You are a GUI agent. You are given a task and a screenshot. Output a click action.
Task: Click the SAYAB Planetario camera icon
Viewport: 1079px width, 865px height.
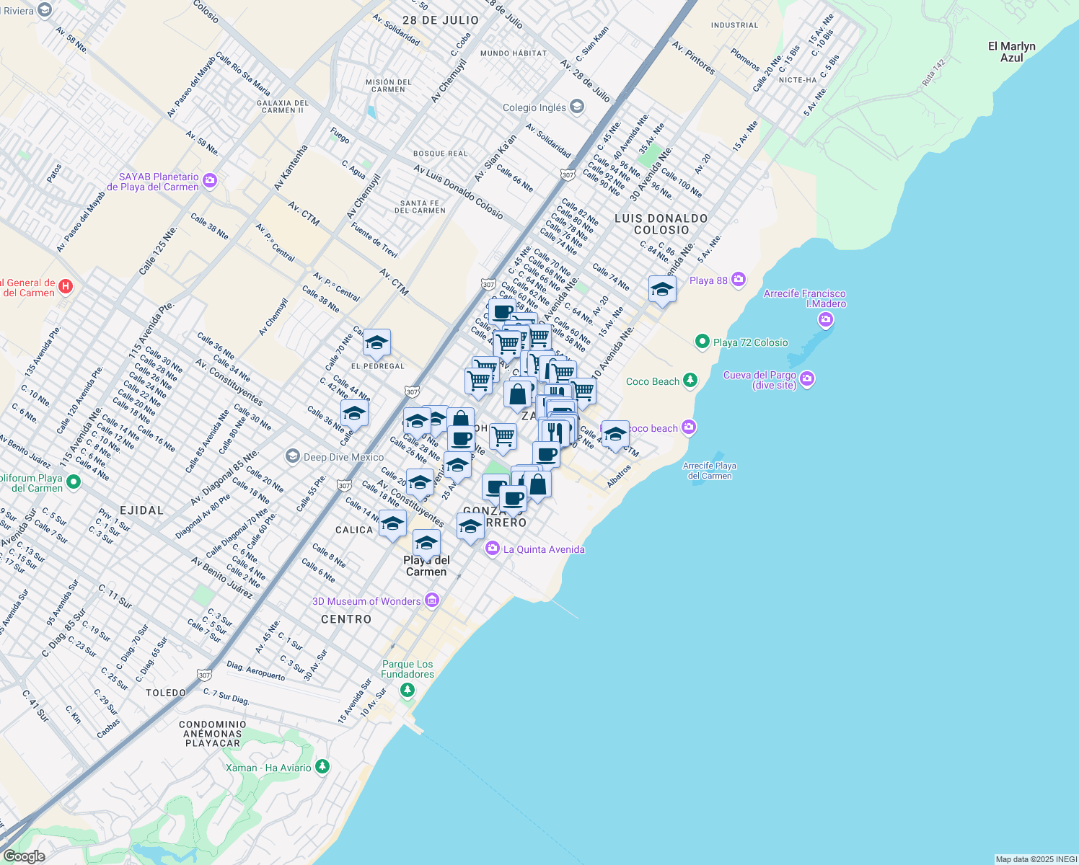click(x=210, y=180)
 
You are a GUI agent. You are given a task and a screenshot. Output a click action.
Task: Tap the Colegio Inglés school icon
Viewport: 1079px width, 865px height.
click(x=576, y=107)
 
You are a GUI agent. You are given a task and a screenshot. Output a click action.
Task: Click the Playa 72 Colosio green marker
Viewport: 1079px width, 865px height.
click(x=703, y=342)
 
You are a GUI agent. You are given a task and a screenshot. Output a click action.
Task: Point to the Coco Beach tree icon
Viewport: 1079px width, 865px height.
click(x=690, y=380)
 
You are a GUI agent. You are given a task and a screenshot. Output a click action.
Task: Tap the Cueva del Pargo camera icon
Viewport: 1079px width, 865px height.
click(x=807, y=378)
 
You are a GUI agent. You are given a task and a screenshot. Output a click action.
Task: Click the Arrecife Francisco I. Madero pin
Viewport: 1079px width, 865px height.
click(x=826, y=319)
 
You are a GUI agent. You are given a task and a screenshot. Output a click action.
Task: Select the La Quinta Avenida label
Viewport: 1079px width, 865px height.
click(x=544, y=549)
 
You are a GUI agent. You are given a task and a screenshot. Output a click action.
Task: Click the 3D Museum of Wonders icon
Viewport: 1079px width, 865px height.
click(x=432, y=600)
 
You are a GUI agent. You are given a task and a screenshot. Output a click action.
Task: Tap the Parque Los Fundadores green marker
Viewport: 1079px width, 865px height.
click(x=408, y=691)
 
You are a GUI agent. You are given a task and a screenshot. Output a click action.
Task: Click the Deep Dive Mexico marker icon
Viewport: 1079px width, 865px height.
click(x=293, y=456)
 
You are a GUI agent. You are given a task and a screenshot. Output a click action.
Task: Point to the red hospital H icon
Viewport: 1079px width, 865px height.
click(x=66, y=287)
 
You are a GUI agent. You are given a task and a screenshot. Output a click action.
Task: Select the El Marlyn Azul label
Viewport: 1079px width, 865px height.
click(x=1011, y=52)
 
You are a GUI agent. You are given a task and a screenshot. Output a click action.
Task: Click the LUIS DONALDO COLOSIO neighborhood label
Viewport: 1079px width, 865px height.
click(x=661, y=223)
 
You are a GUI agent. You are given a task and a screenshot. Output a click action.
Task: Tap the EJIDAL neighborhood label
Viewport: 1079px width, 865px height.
click(x=141, y=510)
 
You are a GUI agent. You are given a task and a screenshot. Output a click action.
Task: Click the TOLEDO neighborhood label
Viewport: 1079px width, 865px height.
click(x=166, y=693)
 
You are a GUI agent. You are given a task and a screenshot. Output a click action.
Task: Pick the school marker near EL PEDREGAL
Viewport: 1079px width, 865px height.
click(x=376, y=344)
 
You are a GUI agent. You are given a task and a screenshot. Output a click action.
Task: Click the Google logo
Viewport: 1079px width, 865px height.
click(x=24, y=856)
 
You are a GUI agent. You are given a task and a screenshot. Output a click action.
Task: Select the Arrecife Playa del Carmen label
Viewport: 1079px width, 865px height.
click(x=710, y=471)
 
